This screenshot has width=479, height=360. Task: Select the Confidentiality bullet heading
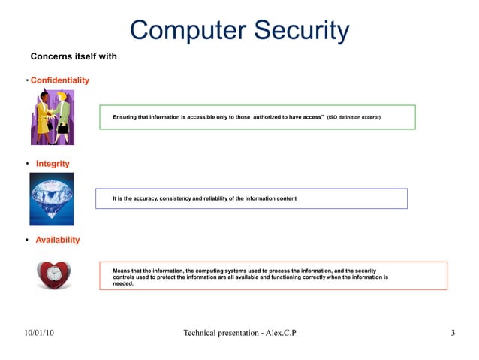(x=60, y=80)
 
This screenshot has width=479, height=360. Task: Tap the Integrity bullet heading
(x=53, y=164)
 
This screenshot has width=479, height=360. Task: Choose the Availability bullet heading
(x=58, y=240)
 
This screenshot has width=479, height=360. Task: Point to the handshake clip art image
(x=52, y=117)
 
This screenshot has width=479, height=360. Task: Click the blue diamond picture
(x=52, y=199)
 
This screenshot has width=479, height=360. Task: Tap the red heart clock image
(x=55, y=275)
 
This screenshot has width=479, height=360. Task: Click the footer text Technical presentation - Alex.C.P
(x=239, y=333)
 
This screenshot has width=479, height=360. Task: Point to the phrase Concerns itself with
(x=74, y=56)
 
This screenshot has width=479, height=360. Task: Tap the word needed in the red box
(x=122, y=284)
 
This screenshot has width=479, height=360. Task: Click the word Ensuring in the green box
(x=125, y=118)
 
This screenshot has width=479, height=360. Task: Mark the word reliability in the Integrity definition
(x=219, y=199)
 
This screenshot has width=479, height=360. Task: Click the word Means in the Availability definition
(x=121, y=270)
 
